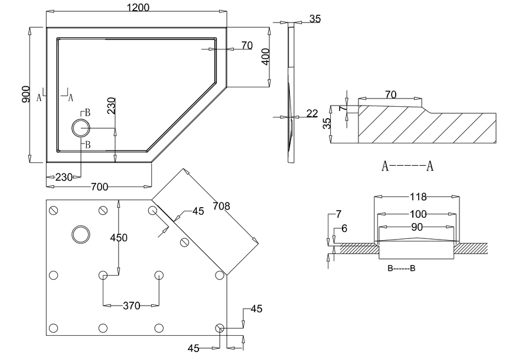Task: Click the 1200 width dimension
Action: (x=138, y=7)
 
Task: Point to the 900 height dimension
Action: (x=26, y=94)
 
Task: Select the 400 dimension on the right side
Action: (x=266, y=57)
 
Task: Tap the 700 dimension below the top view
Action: (x=99, y=186)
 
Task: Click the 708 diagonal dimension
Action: (x=221, y=206)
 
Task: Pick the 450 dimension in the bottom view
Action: (x=119, y=238)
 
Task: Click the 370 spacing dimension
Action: (x=131, y=306)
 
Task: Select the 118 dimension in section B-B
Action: (x=418, y=197)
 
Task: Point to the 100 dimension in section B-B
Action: (x=418, y=214)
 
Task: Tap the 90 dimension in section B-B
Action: (x=417, y=227)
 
